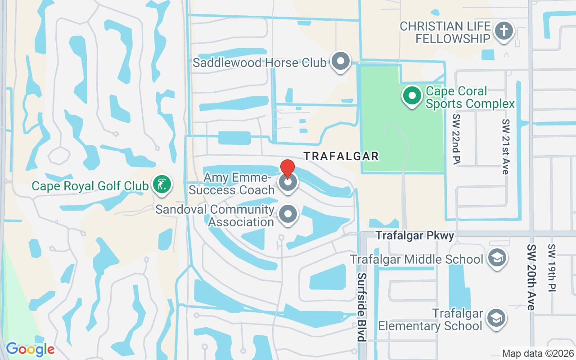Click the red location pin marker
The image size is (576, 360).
(288, 170)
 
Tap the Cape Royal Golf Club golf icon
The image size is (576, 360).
(162, 184)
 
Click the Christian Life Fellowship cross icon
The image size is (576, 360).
(504, 31)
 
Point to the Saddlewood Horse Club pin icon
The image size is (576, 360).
(340, 62)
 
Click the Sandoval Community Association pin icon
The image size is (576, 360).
(288, 215)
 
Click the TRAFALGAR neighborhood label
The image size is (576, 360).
(341, 156)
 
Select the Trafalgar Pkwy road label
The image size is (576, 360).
(415, 235)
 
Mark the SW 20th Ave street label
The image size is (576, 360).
(531, 277)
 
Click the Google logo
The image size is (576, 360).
(30, 349)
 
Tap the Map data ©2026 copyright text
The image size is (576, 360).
(538, 353)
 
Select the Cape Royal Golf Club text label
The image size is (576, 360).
(90, 186)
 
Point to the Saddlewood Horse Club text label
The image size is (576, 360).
(260, 63)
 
